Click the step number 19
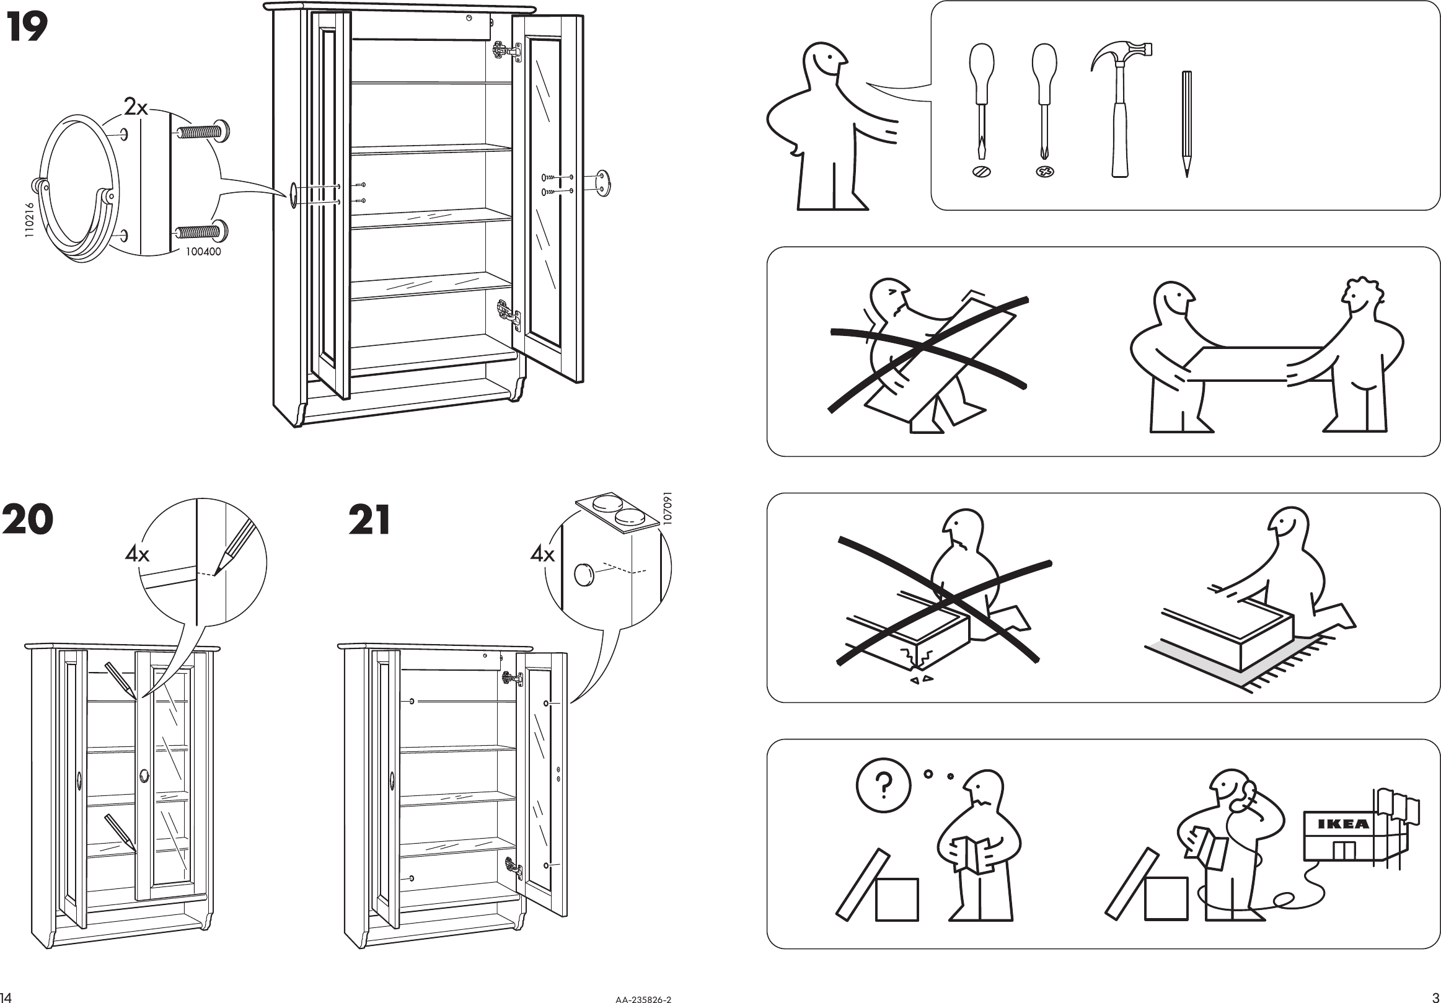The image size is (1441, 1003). tap(27, 29)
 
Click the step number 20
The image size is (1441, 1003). tap(28, 519)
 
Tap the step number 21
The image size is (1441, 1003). tap(369, 519)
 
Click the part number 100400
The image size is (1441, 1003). tap(203, 252)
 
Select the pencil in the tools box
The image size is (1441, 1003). tap(1186, 123)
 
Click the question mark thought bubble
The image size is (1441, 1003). tap(883, 785)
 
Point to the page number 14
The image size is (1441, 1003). tap(6, 997)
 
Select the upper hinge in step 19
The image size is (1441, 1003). tap(506, 51)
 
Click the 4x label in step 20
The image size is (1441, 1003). tap(137, 554)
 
